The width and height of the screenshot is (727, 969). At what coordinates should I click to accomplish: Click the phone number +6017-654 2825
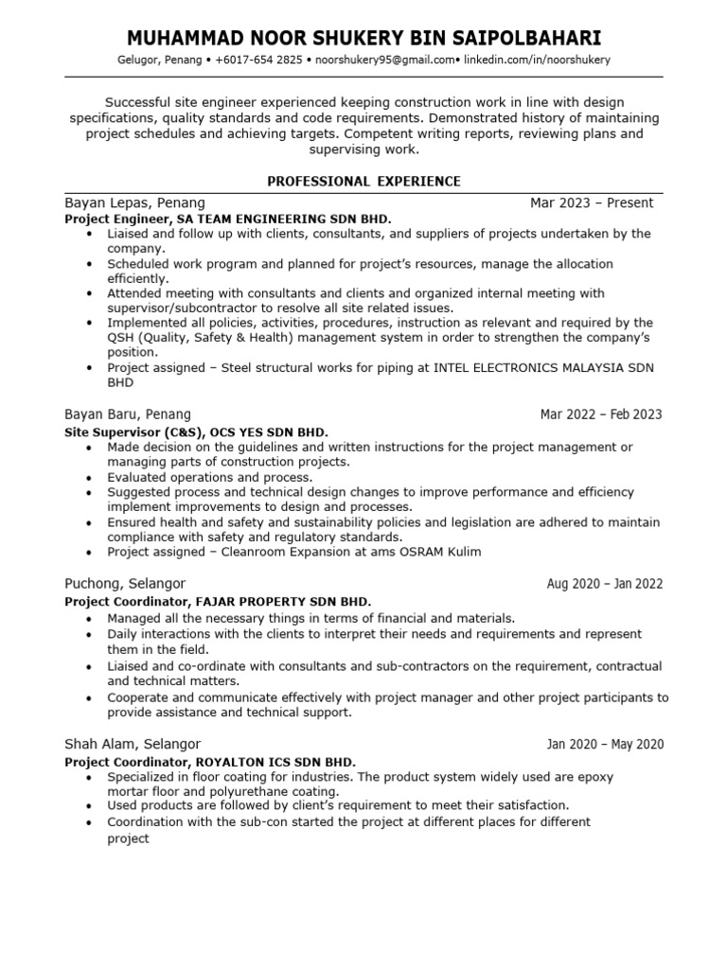259,60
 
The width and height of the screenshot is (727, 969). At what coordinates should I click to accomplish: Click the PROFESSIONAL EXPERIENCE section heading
363,181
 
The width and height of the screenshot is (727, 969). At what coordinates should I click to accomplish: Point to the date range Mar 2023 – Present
592,203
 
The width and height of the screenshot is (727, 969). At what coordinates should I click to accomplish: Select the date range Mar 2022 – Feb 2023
601,414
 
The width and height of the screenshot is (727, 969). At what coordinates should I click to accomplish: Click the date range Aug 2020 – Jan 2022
605,584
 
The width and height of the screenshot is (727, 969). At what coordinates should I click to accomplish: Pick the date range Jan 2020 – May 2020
605,745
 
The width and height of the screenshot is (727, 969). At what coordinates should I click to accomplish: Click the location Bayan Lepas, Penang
134,203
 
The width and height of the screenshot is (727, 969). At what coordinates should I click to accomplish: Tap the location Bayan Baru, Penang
128,414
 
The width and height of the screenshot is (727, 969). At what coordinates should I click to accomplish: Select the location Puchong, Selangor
125,584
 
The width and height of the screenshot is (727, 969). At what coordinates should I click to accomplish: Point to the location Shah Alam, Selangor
133,745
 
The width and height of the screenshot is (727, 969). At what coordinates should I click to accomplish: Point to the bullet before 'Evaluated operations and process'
89,478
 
